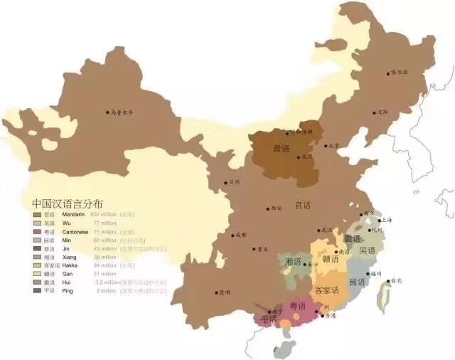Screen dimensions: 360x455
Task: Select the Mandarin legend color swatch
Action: [37, 214]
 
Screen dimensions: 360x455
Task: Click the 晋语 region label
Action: [282, 149]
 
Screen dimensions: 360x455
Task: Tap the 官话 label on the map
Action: [304, 205]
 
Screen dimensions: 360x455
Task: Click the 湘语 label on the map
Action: [293, 262]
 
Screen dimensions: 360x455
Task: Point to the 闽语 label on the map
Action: [358, 282]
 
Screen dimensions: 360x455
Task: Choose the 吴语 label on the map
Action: [368, 250]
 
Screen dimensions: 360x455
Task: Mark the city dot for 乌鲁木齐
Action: [107, 112]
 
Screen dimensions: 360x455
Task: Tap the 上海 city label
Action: [387, 220]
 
